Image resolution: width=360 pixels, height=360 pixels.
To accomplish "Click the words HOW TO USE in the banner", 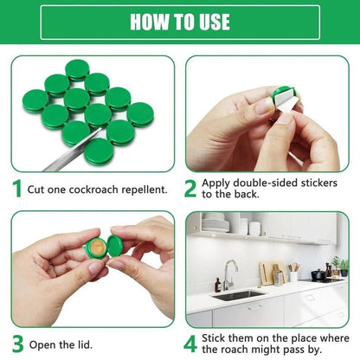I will [x=179, y=22].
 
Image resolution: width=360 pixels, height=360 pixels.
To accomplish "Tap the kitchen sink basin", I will [x=239, y=294].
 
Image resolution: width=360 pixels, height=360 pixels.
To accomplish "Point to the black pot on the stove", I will [x=320, y=275].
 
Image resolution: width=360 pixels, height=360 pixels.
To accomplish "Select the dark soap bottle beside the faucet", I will [x=217, y=284].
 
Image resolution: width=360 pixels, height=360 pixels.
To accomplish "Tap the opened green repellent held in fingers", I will [x=100, y=247].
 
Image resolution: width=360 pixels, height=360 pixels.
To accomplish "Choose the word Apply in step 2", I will [x=216, y=183].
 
